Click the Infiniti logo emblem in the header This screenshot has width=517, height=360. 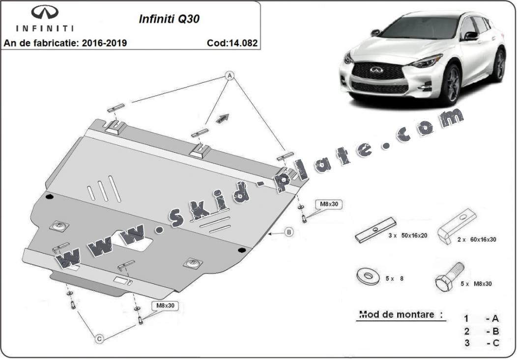click(45, 13)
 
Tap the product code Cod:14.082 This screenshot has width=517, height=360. click(232, 43)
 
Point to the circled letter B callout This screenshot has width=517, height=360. click(289, 232)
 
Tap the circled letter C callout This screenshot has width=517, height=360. click(99, 338)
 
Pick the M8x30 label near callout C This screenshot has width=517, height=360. click(165, 305)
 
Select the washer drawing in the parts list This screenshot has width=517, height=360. click(367, 276)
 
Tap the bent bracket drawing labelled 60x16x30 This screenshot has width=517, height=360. click(460, 226)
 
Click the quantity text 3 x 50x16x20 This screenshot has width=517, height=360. click(407, 235)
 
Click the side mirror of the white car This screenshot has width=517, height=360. click(470, 35)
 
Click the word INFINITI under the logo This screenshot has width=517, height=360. click(45, 28)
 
